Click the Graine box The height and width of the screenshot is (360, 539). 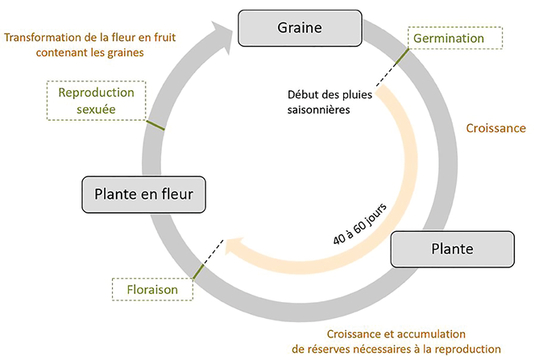tap(299, 28)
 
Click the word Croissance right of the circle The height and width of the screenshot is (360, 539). tap(496, 128)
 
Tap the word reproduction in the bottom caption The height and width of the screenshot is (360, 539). tap(466, 348)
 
